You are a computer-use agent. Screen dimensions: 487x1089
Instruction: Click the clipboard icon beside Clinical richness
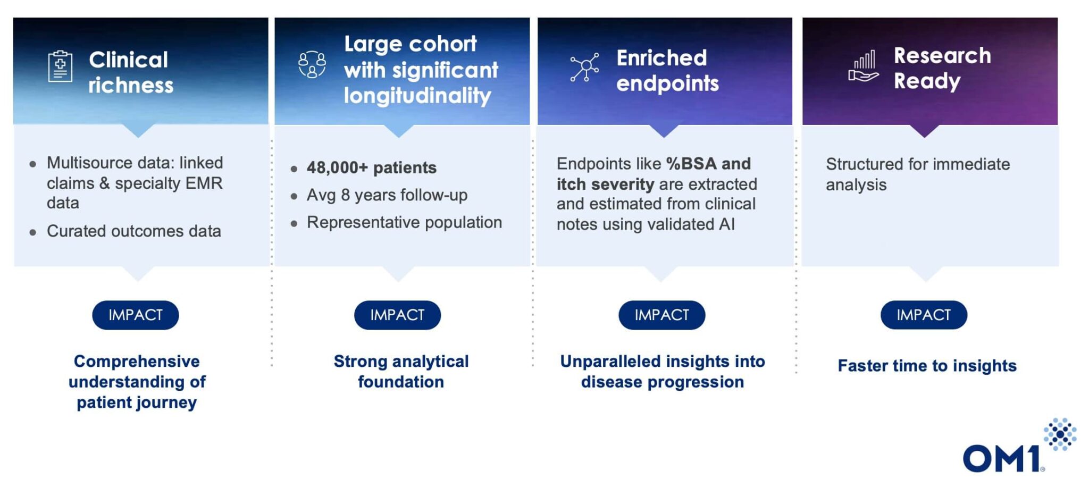click(60, 66)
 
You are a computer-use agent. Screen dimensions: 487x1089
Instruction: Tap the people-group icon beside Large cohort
click(312, 65)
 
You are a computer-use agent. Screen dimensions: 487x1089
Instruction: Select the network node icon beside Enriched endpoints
click(584, 67)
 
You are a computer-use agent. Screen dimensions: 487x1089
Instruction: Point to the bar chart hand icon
click(864, 66)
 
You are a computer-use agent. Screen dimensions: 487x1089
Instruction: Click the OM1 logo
click(1018, 447)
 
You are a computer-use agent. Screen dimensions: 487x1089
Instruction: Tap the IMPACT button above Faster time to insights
click(924, 315)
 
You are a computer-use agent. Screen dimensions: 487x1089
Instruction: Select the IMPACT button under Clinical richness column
click(136, 315)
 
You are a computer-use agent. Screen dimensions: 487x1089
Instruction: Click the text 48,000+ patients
click(371, 167)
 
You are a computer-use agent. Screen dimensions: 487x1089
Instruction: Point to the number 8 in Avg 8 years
click(345, 195)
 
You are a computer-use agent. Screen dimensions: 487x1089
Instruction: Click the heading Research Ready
click(942, 68)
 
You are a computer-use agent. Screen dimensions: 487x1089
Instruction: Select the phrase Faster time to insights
click(927, 366)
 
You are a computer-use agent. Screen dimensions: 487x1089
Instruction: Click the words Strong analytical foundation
click(401, 371)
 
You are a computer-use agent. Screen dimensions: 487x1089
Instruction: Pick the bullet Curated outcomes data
click(133, 231)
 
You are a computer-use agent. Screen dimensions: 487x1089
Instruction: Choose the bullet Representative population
click(404, 222)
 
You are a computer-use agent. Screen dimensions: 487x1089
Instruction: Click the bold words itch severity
click(605, 184)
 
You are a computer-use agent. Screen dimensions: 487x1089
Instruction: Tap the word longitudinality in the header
click(417, 96)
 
